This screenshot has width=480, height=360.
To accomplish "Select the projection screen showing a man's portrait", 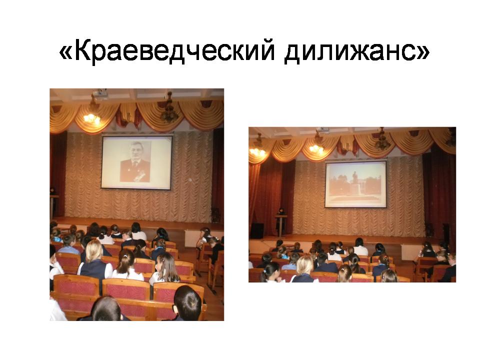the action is (136, 162).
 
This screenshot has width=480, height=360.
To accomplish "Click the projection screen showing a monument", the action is (355, 184).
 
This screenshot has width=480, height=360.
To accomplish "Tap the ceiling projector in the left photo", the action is (100, 94).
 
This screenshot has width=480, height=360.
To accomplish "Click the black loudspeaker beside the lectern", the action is (257, 231).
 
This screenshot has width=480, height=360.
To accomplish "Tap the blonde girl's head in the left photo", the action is (93, 250).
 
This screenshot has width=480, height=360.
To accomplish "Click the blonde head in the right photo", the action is (305, 265).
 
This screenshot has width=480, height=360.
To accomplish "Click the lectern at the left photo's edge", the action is (54, 206).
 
